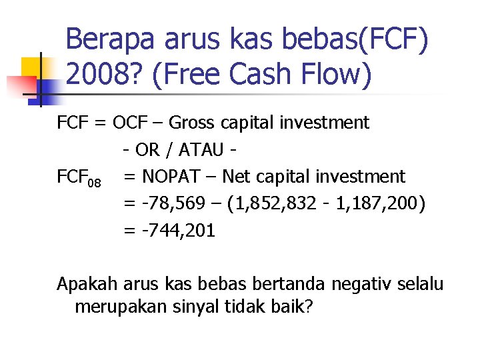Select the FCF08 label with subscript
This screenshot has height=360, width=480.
coord(79,178)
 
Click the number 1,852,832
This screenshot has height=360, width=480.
coord(275,203)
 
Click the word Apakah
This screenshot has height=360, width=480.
coord(85,285)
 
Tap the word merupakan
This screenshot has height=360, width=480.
coord(121,308)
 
